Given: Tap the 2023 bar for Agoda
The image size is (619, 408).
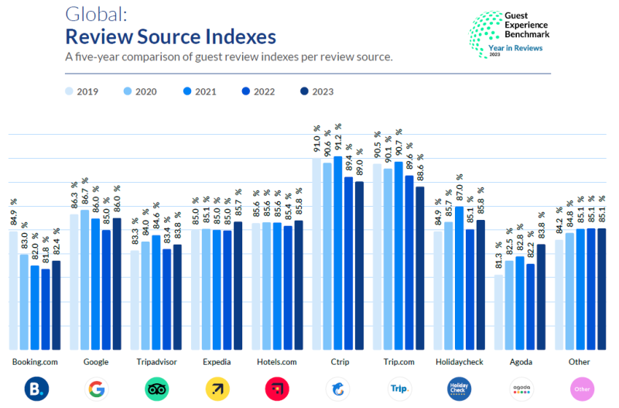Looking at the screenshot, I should coord(540,298).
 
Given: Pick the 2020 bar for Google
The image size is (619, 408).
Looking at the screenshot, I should coord(84,279).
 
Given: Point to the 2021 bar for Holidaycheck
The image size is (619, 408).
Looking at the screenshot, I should coord(459,279).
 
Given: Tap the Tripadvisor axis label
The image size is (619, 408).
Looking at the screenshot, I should coord(156,362).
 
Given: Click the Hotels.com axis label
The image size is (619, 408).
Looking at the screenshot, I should coord(277,362).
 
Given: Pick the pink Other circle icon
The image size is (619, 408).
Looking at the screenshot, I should coord(581,389).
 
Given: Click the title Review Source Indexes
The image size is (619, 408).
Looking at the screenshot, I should coord(170,36).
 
